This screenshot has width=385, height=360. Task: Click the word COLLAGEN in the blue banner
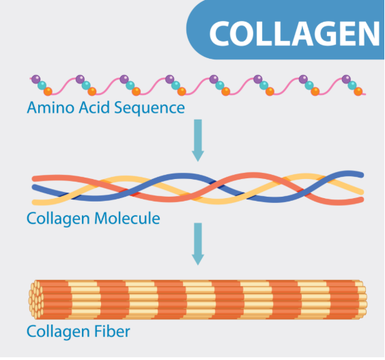pos(295,33)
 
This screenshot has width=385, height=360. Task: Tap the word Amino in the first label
pos(51,108)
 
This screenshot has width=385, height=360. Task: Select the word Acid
pos(94,107)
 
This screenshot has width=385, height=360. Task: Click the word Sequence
pos(149,109)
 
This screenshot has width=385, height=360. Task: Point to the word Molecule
pos(127,218)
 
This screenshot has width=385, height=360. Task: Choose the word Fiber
pos(112,331)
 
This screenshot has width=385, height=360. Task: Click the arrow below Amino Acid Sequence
pos(198,140)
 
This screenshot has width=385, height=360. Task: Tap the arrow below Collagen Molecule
pos(198,244)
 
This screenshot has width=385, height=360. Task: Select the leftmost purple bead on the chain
pos(36,79)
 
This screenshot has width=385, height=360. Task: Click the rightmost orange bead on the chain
pos(358,92)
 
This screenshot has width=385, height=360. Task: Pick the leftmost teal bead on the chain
pos(42,85)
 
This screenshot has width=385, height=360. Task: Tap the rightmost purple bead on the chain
pos(346,79)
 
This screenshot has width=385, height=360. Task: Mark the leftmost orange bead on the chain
pos(48,92)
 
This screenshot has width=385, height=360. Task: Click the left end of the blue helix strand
pos(34,187)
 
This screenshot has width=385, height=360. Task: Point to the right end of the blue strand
pos(361,175)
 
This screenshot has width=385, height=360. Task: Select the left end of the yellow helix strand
pos(35,202)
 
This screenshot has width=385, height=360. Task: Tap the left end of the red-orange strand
pos(35,178)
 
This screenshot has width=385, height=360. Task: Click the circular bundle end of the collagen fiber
pos(36,300)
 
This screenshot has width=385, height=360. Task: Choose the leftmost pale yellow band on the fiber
pos(85,300)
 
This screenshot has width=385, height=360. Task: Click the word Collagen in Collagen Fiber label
pos(59,332)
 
